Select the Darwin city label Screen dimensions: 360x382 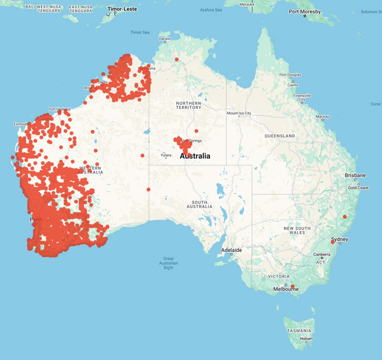pyautogui.click(x=165, y=39)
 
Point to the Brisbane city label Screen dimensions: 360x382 pyautogui.click(x=355, y=175)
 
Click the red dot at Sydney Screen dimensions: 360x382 pyautogui.click(x=333, y=242)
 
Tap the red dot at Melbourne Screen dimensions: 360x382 pyautogui.click(x=293, y=287)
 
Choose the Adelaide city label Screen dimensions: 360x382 pyautogui.click(x=231, y=250)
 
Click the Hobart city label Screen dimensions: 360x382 pyautogui.click(x=306, y=339)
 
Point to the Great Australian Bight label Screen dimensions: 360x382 pyautogui.click(x=168, y=263)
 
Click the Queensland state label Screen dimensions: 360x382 pyautogui.click(x=280, y=136)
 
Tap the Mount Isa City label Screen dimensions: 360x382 pyautogui.click(x=239, y=114)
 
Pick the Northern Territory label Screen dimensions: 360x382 pyautogui.click(x=189, y=105)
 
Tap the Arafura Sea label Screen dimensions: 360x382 pyautogui.click(x=211, y=10)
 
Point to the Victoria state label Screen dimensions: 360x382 pyautogui.click(x=280, y=276)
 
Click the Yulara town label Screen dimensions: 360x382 pyautogui.click(x=166, y=155)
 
